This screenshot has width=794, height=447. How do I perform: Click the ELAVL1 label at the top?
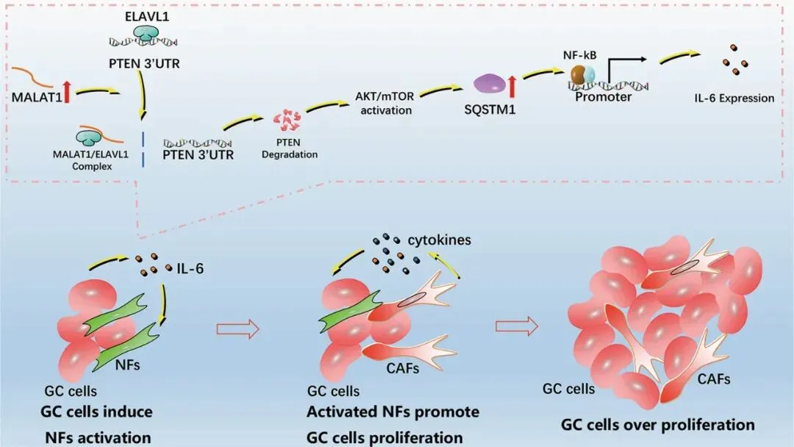pyautogui.click(x=147, y=16)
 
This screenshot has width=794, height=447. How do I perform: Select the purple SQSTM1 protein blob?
pyautogui.click(x=489, y=84)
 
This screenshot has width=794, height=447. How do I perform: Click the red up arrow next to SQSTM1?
pyautogui.click(x=512, y=85)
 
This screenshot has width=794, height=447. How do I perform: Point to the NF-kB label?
pyautogui.click(x=580, y=54)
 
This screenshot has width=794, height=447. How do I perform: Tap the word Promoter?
pyautogui.click(x=603, y=97)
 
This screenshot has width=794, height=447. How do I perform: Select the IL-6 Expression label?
pyautogui.click(x=734, y=98)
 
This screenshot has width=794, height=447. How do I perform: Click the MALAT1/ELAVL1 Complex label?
pyautogui.click(x=91, y=160)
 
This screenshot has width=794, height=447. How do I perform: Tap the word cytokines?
pyautogui.click(x=440, y=240)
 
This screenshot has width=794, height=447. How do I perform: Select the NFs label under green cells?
pyautogui.click(x=128, y=364)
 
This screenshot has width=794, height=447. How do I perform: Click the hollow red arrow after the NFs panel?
pyautogui.click(x=237, y=329)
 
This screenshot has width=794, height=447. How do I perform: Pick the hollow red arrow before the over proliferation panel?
pyautogui.click(x=517, y=326)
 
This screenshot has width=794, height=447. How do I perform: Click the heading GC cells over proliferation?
pyautogui.click(x=657, y=424)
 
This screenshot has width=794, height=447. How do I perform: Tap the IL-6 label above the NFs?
pyautogui.click(x=190, y=268)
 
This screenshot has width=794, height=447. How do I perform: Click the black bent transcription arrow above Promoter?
pyautogui.click(x=626, y=71)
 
